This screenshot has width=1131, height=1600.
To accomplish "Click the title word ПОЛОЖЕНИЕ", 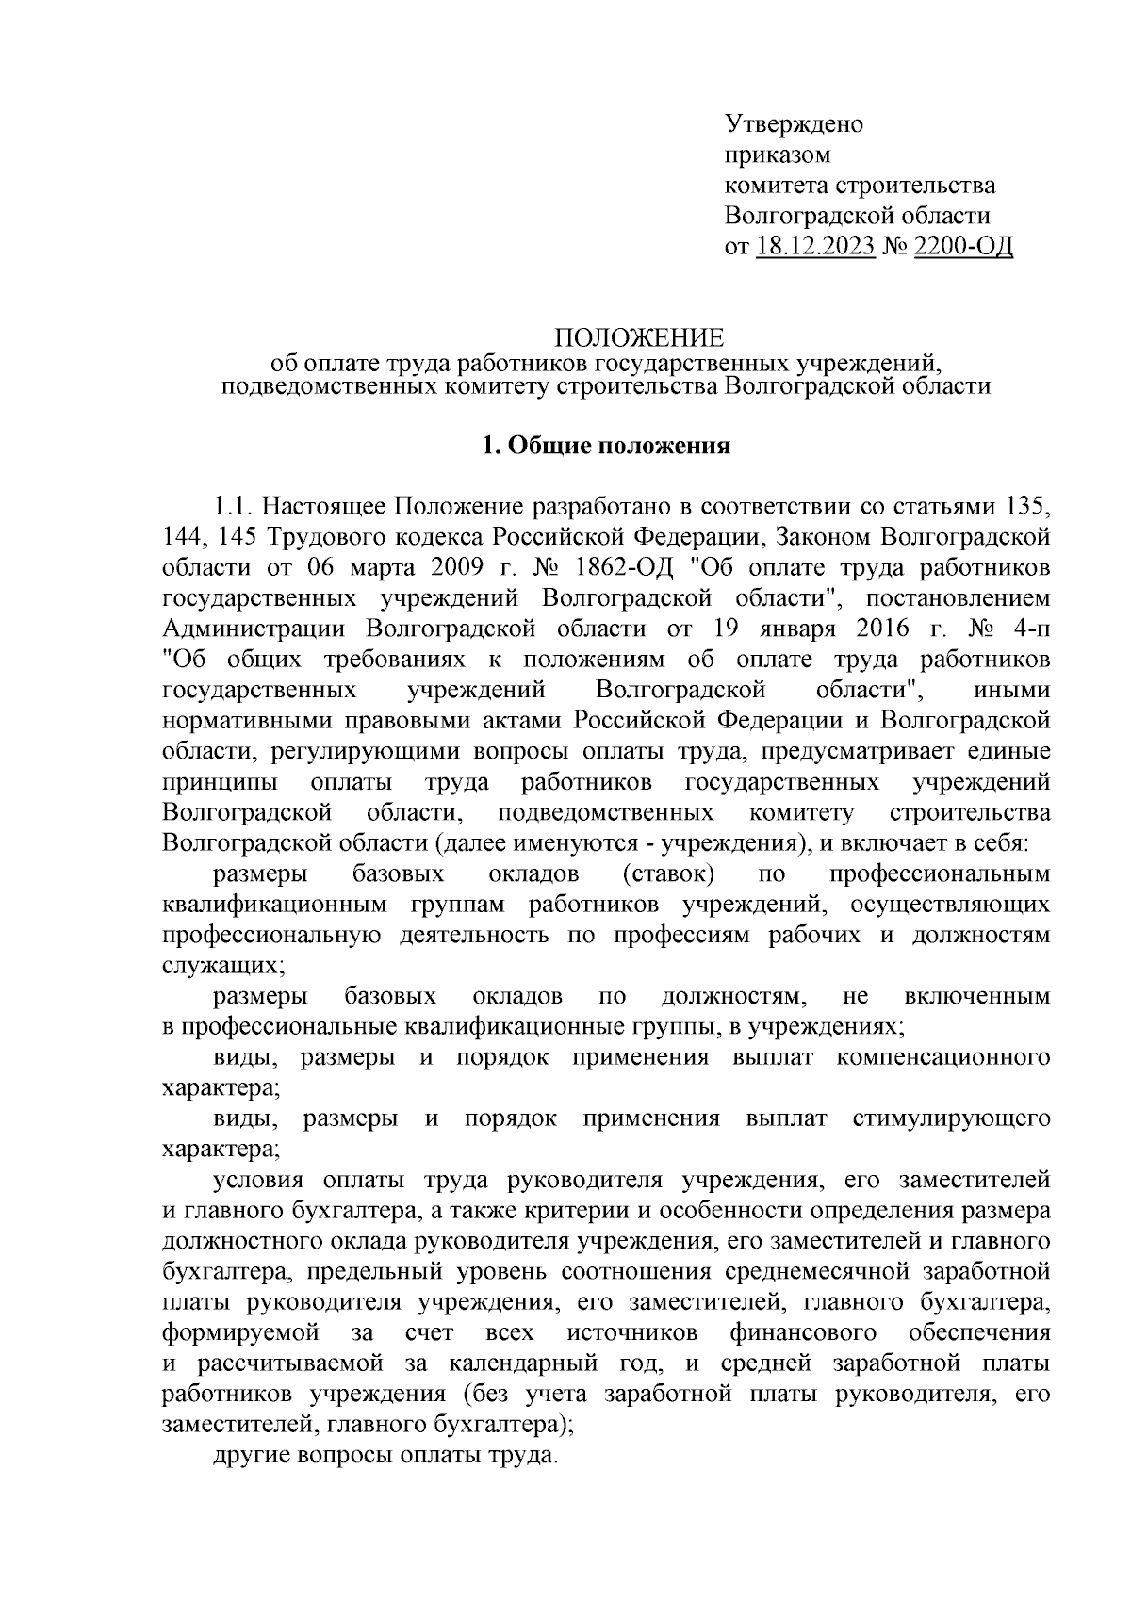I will coord(638,338).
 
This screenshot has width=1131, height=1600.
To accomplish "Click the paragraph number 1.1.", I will coord(232,506).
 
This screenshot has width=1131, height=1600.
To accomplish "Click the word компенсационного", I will coord(943,1057).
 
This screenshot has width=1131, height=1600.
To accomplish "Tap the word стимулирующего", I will coord(951,1118).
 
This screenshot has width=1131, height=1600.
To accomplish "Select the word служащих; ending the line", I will coord(222,965).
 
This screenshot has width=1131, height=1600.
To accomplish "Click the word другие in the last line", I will coord(251,1455).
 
